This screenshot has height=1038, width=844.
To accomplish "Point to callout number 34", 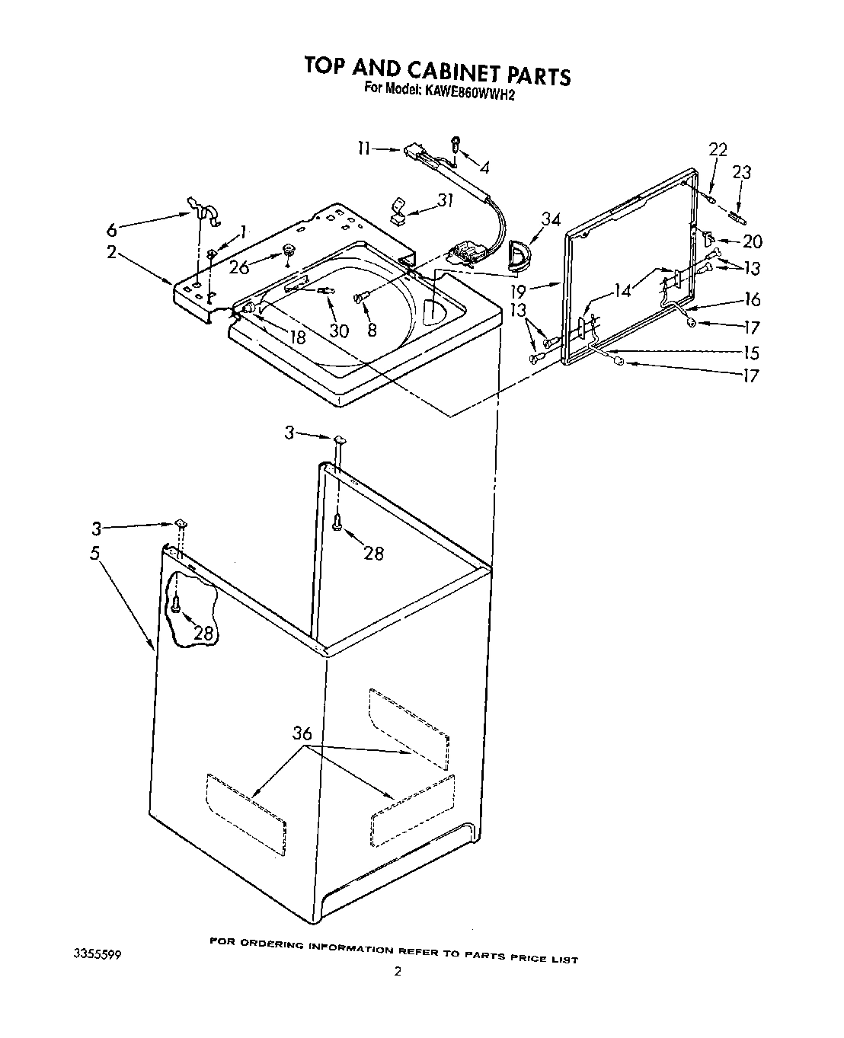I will point(549,219).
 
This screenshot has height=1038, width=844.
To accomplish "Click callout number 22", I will point(718,149).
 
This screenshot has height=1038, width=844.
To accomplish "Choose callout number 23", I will point(741,173).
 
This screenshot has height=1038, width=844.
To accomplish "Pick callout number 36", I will point(303,733).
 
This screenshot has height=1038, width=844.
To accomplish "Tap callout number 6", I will point(112,228).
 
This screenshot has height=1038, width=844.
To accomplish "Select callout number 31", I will point(445,200).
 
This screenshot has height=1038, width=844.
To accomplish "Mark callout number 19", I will point(539,290).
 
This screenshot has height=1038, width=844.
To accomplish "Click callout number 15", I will point(751,353).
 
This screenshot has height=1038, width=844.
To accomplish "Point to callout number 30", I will point(338,331).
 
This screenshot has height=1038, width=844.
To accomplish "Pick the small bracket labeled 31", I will point(398,210).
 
